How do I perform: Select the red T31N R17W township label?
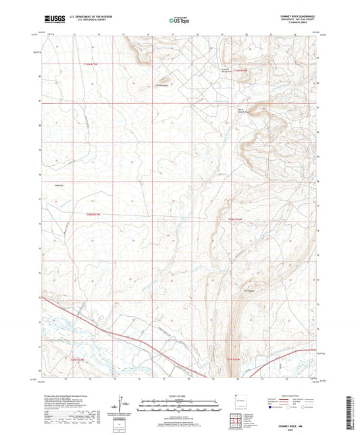click(x=91, y=64)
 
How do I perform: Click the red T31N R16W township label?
click(x=240, y=70)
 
